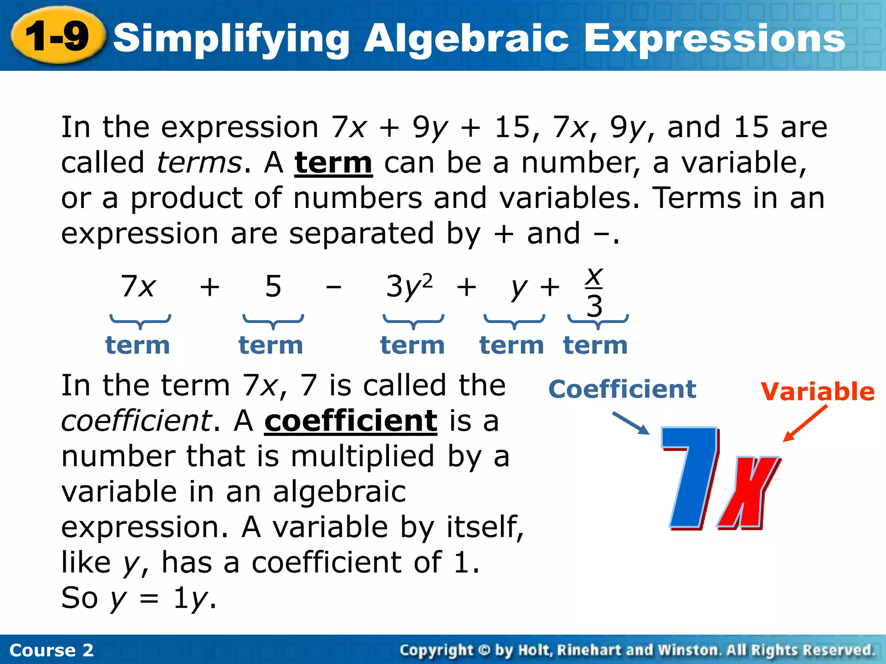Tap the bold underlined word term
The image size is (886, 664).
[x=333, y=163]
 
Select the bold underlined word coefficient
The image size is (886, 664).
[x=351, y=421]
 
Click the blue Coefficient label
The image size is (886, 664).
[x=622, y=389]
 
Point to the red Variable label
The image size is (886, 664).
[x=818, y=392]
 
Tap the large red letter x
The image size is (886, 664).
[x=748, y=493]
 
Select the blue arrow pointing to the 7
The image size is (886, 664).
[x=631, y=423]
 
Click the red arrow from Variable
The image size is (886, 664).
[x=806, y=423]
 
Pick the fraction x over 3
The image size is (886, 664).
[x=594, y=292]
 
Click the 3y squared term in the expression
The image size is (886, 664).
[x=409, y=286]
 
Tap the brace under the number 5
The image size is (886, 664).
[x=273, y=321]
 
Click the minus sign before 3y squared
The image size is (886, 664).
[x=334, y=287]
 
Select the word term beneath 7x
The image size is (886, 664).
[x=138, y=345]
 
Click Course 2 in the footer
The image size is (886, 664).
[x=51, y=650]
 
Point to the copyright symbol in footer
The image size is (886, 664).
[x=484, y=650]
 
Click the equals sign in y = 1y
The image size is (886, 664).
[x=149, y=600]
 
